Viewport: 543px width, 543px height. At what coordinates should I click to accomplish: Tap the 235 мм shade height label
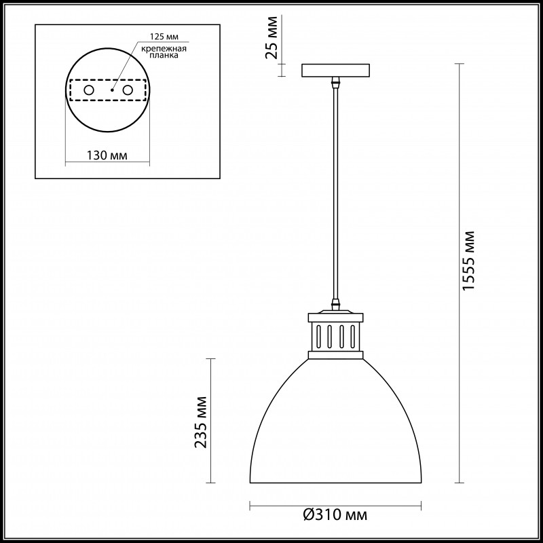pyautogui.click(x=202, y=422)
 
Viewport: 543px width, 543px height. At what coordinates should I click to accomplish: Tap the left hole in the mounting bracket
pyautogui.click(x=88, y=90)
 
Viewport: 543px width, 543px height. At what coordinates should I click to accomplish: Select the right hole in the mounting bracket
pyautogui.click(x=127, y=90)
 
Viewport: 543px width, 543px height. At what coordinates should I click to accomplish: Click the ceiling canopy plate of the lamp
pyautogui.click(x=335, y=70)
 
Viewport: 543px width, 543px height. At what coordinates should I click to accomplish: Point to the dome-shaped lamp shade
pyautogui.click(x=336, y=428)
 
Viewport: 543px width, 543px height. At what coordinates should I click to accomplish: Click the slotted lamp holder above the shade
pyautogui.click(x=335, y=336)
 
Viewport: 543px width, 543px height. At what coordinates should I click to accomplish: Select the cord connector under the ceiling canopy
pyautogui.click(x=335, y=83)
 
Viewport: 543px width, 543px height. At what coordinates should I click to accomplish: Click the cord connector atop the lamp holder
pyautogui.click(x=335, y=305)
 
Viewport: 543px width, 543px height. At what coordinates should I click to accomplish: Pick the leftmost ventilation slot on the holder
pyautogui.click(x=318, y=336)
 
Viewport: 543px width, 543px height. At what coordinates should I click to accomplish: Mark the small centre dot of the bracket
pyautogui.click(x=108, y=90)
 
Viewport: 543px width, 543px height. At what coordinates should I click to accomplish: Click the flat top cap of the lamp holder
pyautogui.click(x=335, y=316)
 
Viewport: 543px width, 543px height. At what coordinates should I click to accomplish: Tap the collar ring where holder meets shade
pyautogui.click(x=335, y=354)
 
